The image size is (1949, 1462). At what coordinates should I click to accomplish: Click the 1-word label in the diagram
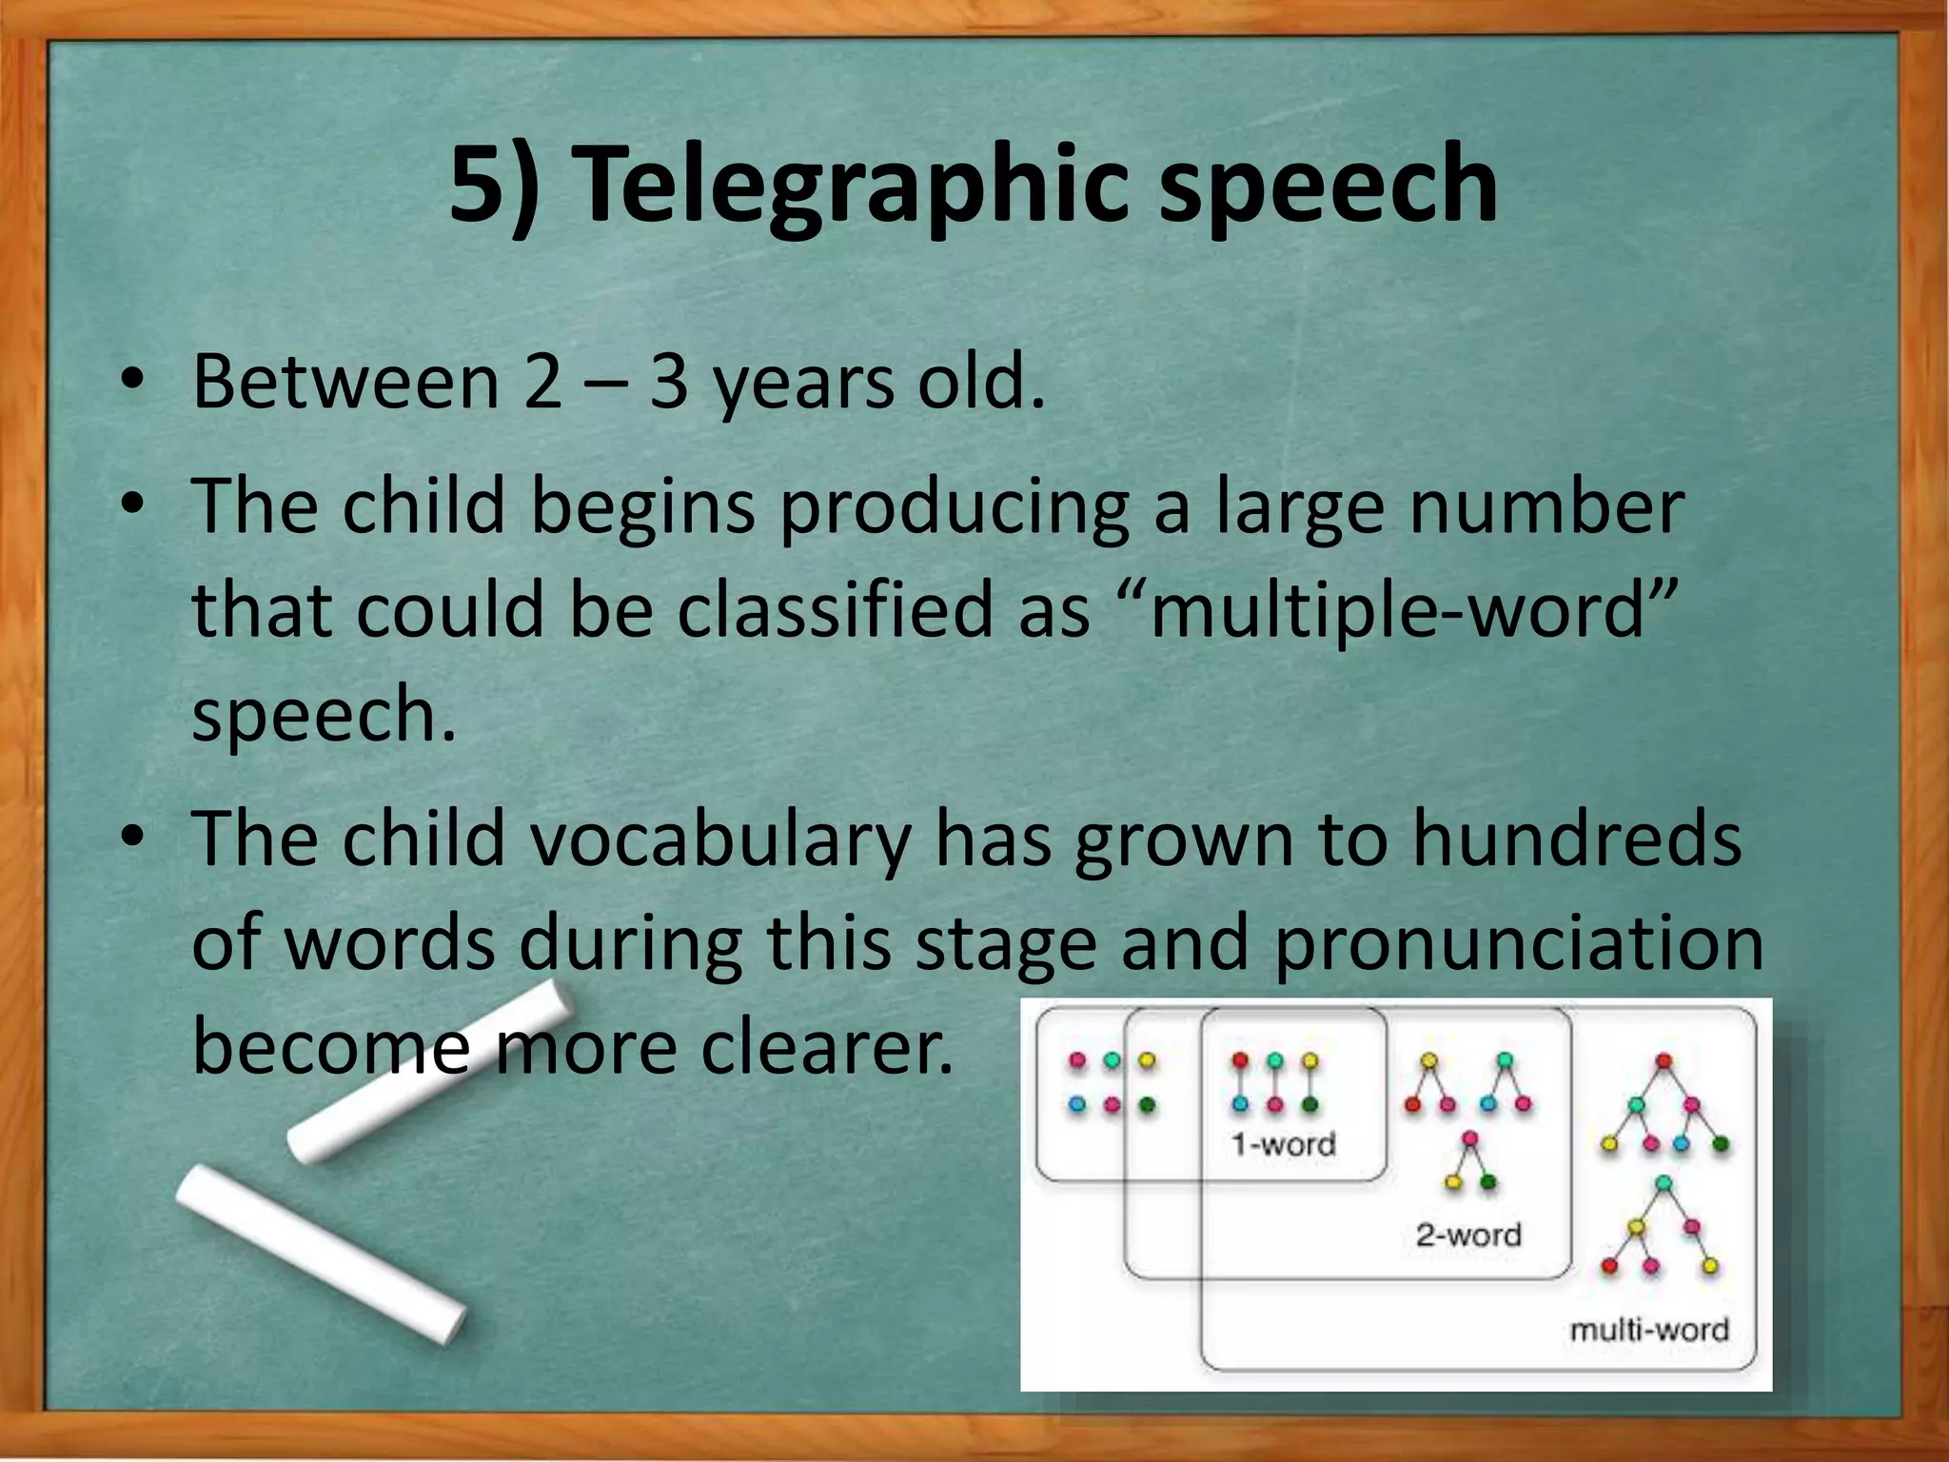tap(1283, 1143)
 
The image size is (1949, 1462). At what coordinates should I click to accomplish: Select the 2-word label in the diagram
tap(1468, 1235)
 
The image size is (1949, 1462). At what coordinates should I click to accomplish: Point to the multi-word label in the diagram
tap(1648, 1330)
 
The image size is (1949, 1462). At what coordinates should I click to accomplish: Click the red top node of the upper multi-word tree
tap(1664, 1060)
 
